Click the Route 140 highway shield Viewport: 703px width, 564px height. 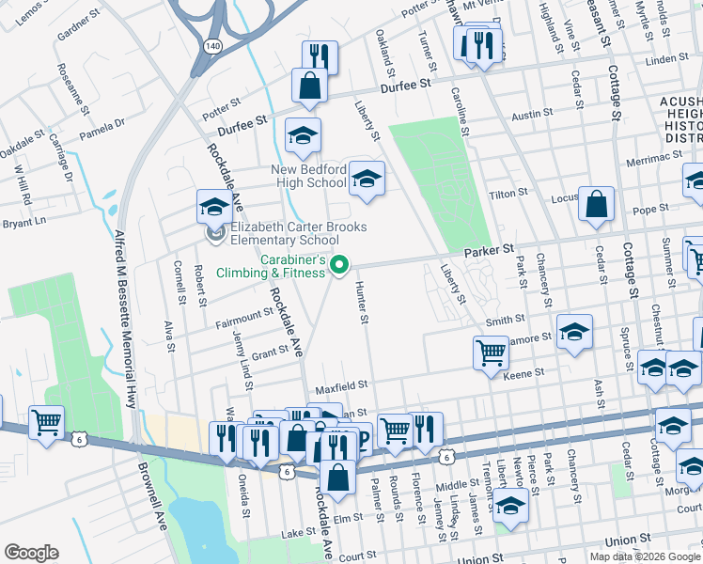(211, 45)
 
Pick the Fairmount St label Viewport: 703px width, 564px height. (242, 316)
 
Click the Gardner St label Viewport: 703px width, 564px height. (78, 30)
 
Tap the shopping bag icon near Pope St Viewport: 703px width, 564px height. (596, 204)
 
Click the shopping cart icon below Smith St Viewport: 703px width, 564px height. (491, 353)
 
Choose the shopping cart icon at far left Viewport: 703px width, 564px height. (46, 422)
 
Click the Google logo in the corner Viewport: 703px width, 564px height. (31, 553)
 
